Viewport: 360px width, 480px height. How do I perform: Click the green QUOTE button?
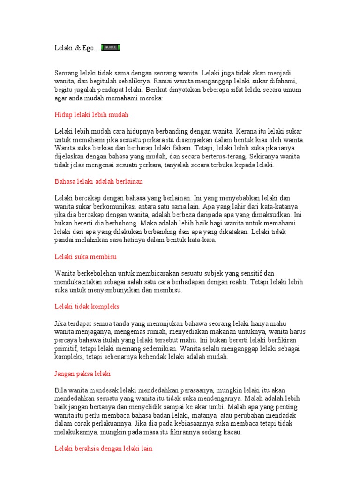(x=111, y=47)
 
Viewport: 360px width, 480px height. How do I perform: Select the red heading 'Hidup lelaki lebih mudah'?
(x=91, y=115)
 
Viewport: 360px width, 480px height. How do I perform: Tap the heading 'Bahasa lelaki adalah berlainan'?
(x=98, y=181)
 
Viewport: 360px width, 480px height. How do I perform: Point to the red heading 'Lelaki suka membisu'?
(x=85, y=257)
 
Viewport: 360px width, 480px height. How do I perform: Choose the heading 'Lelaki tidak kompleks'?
(x=87, y=307)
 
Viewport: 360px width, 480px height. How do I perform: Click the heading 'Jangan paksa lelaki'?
(x=83, y=374)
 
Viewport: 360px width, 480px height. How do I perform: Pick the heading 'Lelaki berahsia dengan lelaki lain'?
(x=103, y=449)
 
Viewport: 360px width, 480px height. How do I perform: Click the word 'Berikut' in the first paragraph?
(x=159, y=90)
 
